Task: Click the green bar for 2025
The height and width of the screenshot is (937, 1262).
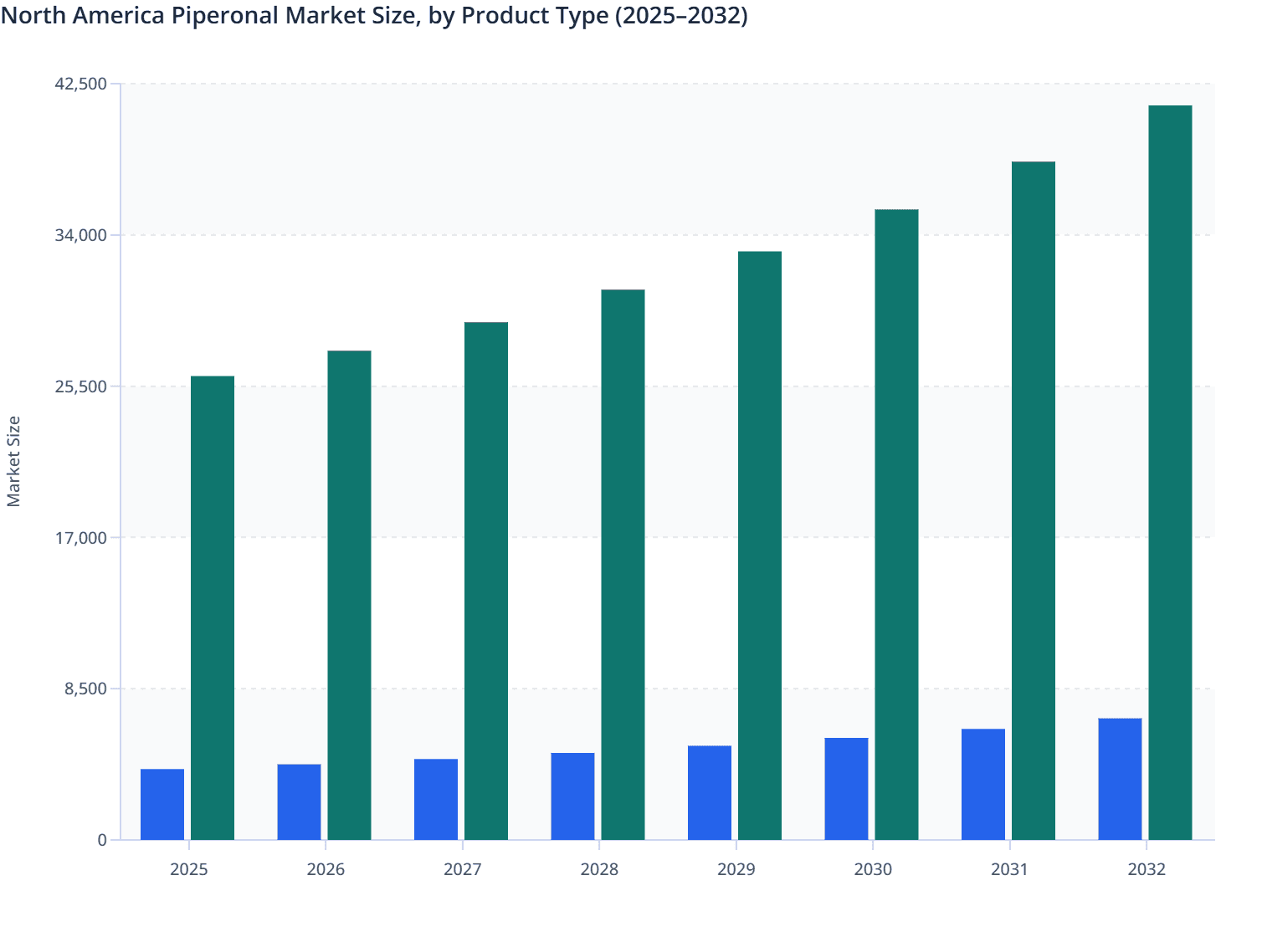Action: (213, 608)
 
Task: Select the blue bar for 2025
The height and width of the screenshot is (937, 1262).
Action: (162, 804)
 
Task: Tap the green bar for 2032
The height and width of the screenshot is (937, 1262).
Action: (1170, 473)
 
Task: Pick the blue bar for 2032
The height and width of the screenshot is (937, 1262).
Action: (1120, 779)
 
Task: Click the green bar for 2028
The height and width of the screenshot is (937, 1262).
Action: (623, 565)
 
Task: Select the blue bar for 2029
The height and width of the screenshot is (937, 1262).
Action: (710, 792)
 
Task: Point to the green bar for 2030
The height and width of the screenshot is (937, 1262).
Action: (896, 525)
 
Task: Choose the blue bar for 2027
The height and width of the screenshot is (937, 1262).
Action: (436, 799)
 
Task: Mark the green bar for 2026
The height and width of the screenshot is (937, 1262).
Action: (349, 595)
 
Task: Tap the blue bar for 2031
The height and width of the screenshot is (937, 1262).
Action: (983, 784)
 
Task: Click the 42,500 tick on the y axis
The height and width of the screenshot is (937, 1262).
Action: (81, 84)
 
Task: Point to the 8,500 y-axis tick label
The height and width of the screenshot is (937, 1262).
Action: (85, 689)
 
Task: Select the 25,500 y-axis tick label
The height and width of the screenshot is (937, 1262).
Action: (81, 387)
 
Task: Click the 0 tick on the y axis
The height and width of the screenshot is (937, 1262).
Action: (102, 840)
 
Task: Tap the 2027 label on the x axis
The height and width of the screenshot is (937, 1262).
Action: (463, 869)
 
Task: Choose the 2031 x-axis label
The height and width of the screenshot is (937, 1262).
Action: (1010, 869)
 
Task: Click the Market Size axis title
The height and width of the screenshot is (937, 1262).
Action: (14, 461)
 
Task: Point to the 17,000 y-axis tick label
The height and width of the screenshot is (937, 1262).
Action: (81, 537)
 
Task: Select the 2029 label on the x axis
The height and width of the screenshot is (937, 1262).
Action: (736, 869)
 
